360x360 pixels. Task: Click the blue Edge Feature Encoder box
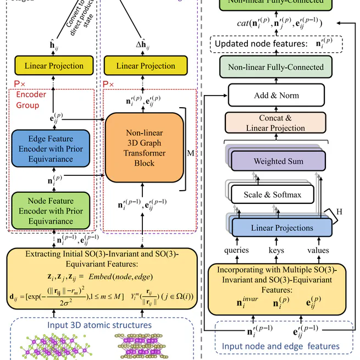pyautogui.click(x=51, y=148)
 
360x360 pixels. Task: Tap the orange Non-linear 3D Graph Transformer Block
pyautogui.click(x=144, y=148)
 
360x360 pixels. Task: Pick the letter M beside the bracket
pyautogui.click(x=191, y=153)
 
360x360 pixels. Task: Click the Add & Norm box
pyautogui.click(x=276, y=95)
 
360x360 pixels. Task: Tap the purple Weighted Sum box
pyautogui.click(x=278, y=162)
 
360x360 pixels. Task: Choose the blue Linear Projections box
pyautogui.click(x=282, y=228)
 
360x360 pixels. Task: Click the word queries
pyautogui.click(x=237, y=250)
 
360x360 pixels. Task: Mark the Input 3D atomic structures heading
pyautogui.click(x=99, y=325)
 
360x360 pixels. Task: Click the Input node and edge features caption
pyautogui.click(x=280, y=346)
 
